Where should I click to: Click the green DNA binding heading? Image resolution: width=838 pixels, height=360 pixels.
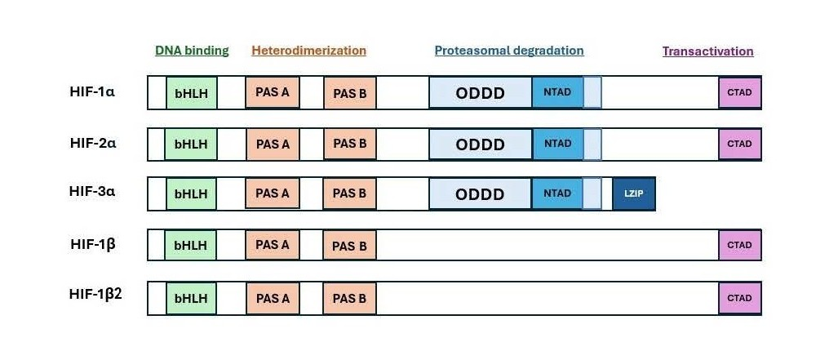[192, 51]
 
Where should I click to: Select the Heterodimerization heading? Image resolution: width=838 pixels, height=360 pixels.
[309, 51]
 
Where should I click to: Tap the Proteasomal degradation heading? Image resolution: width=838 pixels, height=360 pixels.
[509, 51]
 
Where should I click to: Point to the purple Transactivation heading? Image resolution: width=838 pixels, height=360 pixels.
[708, 51]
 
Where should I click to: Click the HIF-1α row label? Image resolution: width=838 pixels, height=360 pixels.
[92, 91]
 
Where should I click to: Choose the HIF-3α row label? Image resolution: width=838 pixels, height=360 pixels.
[92, 192]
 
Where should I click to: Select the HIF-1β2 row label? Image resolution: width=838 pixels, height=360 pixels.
[95, 294]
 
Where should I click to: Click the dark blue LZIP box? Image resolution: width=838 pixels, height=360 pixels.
[634, 193]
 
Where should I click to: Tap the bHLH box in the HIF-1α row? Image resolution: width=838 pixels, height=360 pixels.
[191, 93]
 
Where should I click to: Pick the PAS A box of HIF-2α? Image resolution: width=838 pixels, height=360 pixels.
[273, 144]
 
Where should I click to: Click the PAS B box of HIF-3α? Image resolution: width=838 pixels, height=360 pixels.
[349, 193]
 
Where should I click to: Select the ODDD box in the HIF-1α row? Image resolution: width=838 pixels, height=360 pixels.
[481, 93]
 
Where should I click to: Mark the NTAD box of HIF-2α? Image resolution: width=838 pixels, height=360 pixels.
[557, 144]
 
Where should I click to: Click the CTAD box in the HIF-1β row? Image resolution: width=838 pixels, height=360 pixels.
[739, 245]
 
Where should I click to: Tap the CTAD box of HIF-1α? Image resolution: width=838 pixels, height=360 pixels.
[739, 92]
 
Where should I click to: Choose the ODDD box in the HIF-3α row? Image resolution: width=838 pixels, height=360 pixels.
[481, 193]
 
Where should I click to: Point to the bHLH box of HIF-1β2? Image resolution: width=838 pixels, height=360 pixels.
[191, 299]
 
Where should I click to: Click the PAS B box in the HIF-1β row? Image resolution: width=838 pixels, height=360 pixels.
[349, 246]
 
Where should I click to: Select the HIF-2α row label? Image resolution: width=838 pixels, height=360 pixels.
[92, 144]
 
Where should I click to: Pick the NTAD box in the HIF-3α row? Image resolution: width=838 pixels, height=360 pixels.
[557, 193]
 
